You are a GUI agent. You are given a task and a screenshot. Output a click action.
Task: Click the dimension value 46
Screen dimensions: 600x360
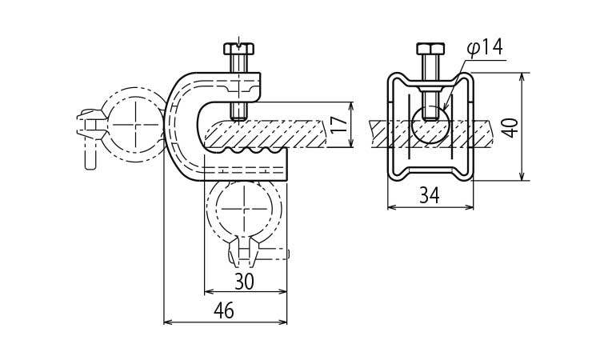[x=224, y=310]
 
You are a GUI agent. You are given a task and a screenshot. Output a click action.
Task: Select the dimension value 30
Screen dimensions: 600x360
[x=244, y=282]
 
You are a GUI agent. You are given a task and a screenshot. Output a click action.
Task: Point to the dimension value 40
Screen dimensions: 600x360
[x=510, y=127]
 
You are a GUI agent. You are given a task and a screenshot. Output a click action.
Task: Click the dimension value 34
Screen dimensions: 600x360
[x=430, y=195]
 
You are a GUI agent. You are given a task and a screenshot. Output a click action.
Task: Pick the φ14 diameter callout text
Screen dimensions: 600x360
[x=485, y=48]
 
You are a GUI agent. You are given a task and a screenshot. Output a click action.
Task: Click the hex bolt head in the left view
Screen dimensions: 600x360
[x=238, y=48]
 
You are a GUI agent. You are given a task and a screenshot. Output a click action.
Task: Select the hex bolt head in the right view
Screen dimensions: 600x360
[x=430, y=49]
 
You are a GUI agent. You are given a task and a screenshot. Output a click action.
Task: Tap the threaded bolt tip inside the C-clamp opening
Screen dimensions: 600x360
[x=239, y=111]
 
